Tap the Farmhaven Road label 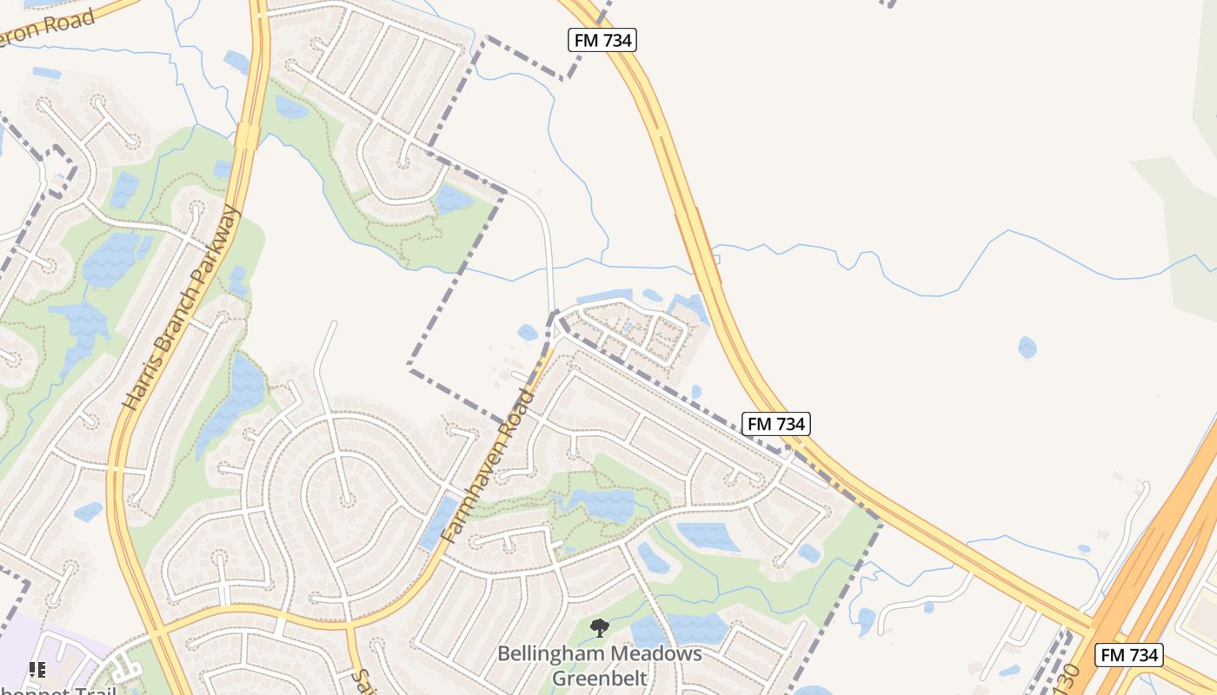(488, 466)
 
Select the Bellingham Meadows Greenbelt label (599, 665)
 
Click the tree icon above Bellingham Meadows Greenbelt (599, 627)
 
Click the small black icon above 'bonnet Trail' (37, 669)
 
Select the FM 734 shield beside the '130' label (1128, 655)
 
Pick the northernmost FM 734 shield (603, 39)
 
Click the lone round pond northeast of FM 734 (1027, 347)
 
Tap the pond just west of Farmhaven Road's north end (528, 332)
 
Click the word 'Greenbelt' (599, 678)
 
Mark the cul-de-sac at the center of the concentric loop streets (346, 500)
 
